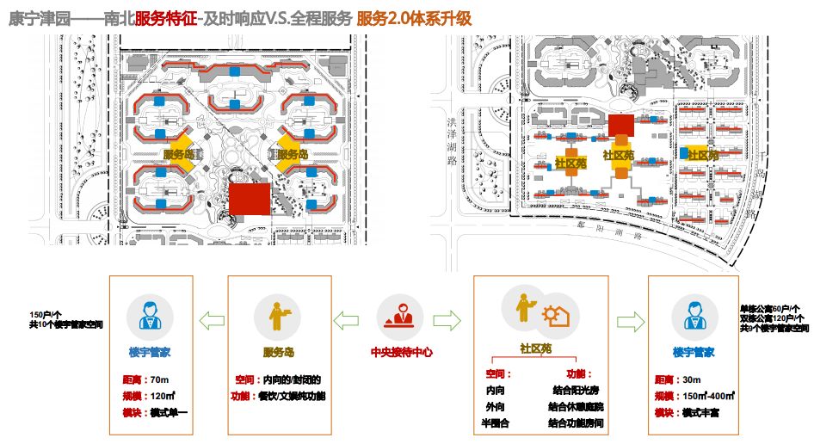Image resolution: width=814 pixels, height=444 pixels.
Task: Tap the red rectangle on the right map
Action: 620,125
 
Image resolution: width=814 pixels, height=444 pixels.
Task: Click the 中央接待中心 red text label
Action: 401,352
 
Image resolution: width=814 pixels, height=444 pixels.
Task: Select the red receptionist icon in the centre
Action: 401,316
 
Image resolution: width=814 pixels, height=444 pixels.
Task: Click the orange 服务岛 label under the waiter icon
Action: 278,352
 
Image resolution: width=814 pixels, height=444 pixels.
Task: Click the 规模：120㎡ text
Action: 149,397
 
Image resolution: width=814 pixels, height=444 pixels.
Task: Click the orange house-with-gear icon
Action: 553,317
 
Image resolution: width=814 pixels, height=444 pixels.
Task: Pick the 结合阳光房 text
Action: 577,391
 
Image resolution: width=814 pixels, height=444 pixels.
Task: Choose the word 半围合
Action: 496,422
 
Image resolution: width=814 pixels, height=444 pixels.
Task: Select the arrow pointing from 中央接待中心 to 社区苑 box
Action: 447,321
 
